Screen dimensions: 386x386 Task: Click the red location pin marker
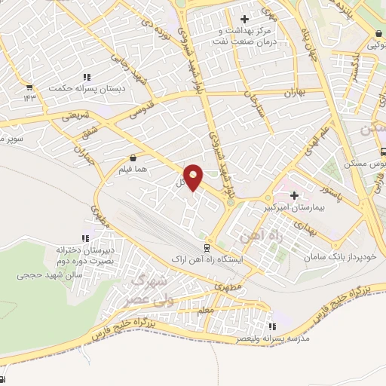click(x=195, y=179)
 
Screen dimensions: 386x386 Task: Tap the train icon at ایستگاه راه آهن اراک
click(x=207, y=247)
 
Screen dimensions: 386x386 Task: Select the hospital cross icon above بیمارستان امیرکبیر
click(x=293, y=195)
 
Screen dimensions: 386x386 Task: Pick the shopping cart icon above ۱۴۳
click(x=29, y=86)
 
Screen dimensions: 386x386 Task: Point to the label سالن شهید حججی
click(x=47, y=274)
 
